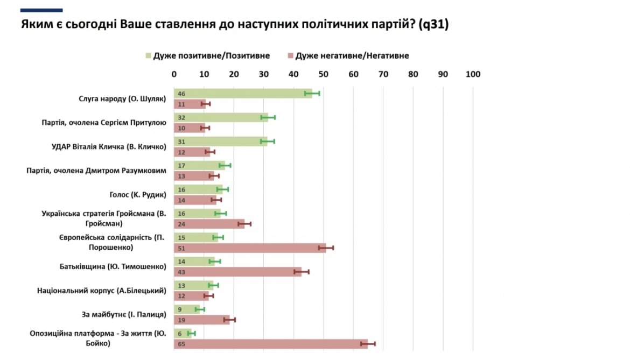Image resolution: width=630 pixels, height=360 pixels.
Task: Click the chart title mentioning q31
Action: click(234, 25)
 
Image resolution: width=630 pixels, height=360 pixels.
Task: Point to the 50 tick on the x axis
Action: click(323, 74)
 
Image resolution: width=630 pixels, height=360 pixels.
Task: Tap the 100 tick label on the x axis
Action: click(473, 74)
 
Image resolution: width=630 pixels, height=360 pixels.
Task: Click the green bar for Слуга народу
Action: click(242, 93)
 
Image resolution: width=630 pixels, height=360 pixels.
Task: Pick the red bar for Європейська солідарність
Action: click(249, 248)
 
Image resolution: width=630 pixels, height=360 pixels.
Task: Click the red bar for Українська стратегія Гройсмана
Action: click(209, 224)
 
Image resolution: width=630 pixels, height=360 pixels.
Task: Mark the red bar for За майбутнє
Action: click(201, 320)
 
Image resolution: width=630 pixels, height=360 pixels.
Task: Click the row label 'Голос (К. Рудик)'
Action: click(137, 195)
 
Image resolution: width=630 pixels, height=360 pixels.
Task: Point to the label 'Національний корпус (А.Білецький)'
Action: click(101, 291)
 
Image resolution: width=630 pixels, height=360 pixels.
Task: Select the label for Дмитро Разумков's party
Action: click(96, 171)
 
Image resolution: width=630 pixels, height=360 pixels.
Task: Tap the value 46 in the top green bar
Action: click(181, 93)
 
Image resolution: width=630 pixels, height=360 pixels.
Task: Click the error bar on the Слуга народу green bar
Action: click(312, 93)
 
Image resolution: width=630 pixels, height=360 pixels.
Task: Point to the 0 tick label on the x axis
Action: click(174, 74)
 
